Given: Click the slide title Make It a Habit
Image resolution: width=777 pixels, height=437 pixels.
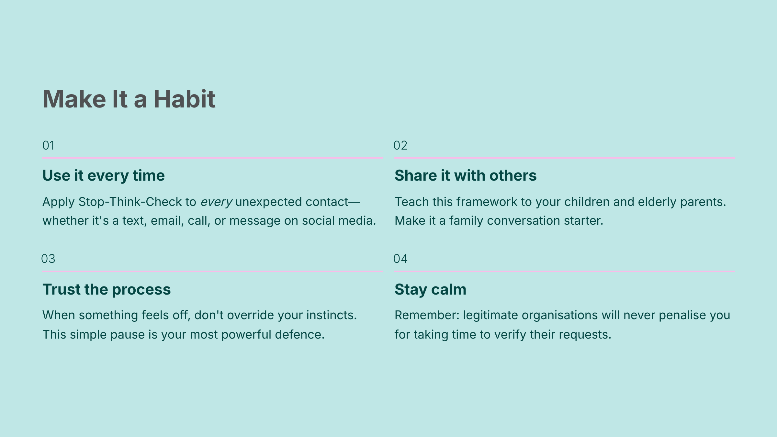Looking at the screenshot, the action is [129, 99].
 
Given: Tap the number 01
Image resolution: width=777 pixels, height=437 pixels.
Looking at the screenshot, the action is [48, 145].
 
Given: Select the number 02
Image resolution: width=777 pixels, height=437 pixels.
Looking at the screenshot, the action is [400, 145].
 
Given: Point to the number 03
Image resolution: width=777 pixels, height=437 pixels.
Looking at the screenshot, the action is [48, 259].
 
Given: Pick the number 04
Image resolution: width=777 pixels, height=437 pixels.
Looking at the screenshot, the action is [400, 259].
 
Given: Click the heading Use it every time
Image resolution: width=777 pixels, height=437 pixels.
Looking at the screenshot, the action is [104, 176].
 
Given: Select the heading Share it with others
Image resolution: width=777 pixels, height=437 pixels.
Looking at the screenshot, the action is [466, 175].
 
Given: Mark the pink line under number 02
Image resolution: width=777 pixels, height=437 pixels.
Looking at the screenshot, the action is [564, 158].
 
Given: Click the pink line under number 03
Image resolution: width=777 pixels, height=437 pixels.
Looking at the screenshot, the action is [212, 271].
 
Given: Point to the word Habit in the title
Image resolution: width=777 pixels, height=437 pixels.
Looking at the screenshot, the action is [184, 99].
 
